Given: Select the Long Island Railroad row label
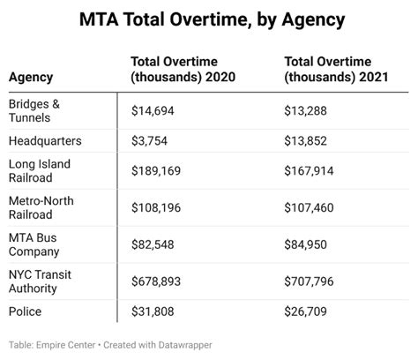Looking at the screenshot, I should [41, 171].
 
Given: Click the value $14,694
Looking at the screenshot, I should [155, 110].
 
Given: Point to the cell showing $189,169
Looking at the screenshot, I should [159, 171].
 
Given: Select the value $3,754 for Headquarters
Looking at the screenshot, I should [152, 141].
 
